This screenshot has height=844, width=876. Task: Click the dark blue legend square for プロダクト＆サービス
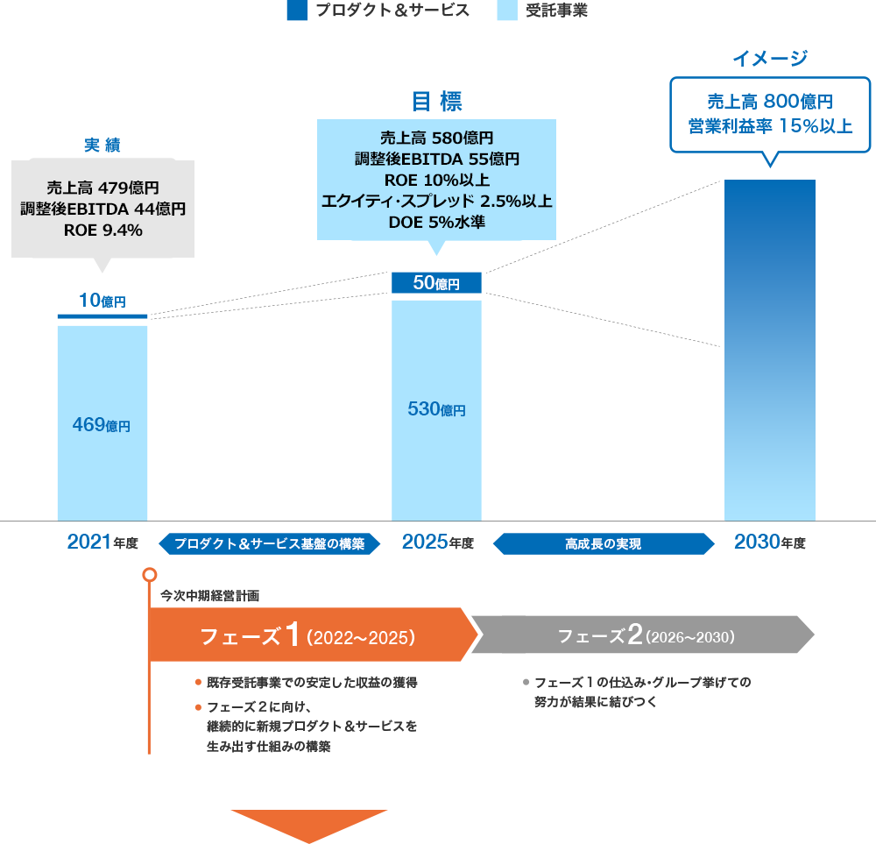click(297, 11)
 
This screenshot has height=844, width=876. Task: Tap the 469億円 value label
click(101, 426)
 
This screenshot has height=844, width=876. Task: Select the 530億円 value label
click(436, 409)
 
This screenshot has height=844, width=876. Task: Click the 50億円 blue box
click(436, 282)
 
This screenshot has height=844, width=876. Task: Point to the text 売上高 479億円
click(102, 188)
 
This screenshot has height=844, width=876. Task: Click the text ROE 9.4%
click(102, 231)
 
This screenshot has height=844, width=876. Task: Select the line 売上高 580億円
click(436, 138)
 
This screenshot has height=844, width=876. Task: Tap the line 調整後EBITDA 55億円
click(436, 160)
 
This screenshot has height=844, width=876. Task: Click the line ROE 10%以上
click(436, 181)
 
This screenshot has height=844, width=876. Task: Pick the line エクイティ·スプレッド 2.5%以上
click(436, 202)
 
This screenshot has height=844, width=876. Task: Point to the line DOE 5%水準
click(436, 223)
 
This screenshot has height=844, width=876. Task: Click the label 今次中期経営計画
click(210, 595)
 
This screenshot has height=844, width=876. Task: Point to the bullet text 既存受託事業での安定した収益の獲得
click(311, 682)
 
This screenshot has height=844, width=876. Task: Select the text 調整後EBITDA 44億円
click(102, 209)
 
